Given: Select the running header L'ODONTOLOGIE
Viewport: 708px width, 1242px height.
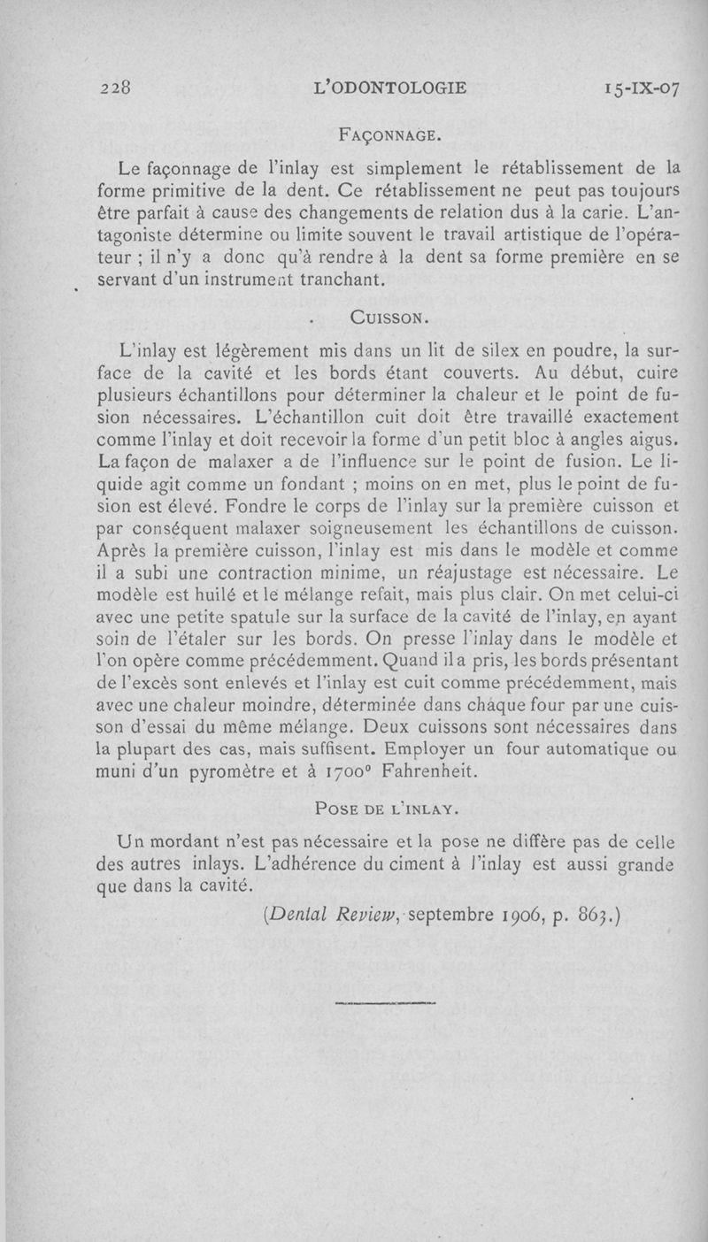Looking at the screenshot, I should coord(389,88).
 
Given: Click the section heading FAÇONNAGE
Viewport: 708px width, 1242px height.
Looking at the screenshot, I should coord(390,135).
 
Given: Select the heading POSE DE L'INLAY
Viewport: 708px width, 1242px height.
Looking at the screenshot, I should coord(389,807).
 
